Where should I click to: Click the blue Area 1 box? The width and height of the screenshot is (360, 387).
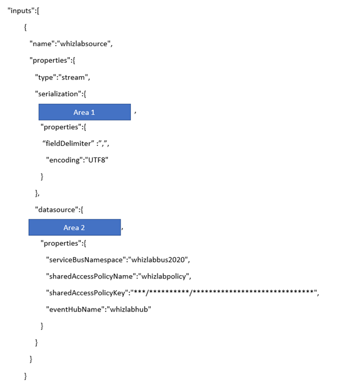click(84, 112)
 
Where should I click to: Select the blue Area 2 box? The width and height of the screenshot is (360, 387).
click(74, 227)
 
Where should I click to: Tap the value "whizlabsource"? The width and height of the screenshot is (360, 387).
click(84, 44)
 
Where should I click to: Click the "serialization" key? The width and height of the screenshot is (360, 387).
click(58, 93)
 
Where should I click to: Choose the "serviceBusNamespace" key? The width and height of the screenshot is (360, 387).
click(86, 260)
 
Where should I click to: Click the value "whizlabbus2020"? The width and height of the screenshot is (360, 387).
click(160, 260)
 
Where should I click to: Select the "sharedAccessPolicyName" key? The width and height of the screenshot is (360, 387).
click(93, 276)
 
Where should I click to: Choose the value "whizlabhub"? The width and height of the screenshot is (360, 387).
click(127, 310)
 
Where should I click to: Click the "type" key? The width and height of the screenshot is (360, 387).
click(46, 77)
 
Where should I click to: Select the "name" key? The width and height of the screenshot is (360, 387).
click(41, 44)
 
